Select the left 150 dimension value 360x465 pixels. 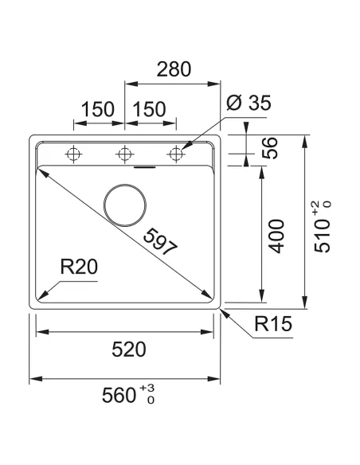point(99,109)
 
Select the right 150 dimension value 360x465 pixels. point(150,109)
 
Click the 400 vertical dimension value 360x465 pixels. point(276,236)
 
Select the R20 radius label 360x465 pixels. point(79,268)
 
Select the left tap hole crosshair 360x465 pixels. point(73,153)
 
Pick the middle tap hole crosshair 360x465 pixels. point(124,153)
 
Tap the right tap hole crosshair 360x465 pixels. point(174,153)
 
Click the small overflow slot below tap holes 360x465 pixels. point(144,168)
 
